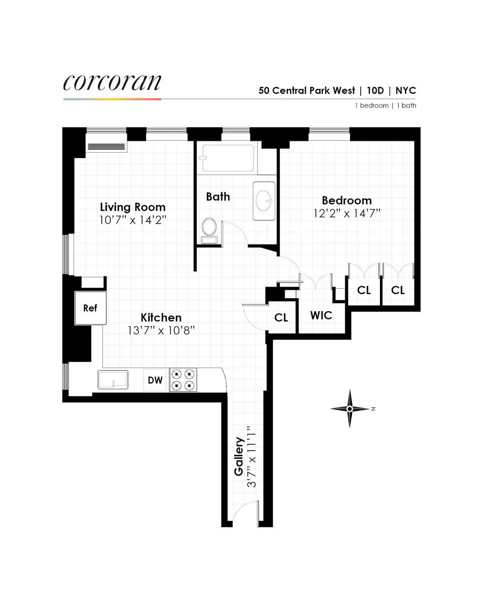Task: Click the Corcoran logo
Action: (112, 83)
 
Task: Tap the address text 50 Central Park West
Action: (307, 91)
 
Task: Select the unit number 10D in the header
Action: (375, 91)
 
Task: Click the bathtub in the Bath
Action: (228, 158)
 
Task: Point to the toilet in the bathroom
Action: (209, 230)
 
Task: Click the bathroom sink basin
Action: (264, 200)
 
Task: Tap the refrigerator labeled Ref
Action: (90, 308)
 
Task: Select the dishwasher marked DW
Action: (155, 380)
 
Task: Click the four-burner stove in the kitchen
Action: (183, 380)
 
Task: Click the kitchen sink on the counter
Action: (113, 380)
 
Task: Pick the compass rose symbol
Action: (350, 409)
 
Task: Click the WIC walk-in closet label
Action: (321, 315)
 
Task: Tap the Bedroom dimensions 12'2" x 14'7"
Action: (347, 213)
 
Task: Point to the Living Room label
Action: (133, 207)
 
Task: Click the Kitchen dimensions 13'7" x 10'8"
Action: (161, 330)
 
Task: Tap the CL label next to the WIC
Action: (281, 318)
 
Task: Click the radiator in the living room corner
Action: (107, 147)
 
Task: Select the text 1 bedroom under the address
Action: (372, 105)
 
